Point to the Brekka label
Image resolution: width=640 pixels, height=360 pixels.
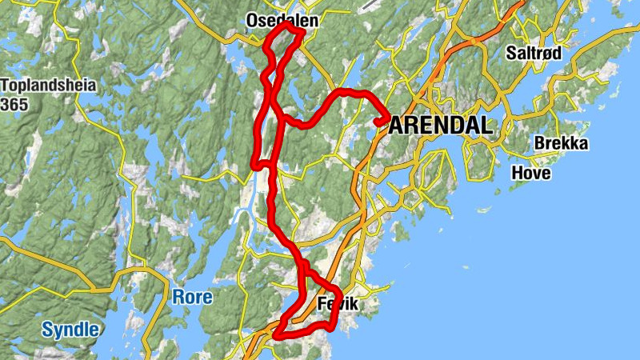[x=561, y=144]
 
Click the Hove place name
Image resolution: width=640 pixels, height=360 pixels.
[x=531, y=172]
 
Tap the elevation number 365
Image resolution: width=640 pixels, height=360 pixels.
[x=14, y=105]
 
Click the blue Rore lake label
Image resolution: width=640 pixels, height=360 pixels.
[x=193, y=298]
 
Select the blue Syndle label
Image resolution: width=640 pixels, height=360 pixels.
[x=70, y=329]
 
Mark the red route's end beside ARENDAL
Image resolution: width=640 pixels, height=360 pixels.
[x=376, y=122]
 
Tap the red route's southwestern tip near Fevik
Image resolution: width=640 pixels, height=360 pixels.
[x=276, y=334]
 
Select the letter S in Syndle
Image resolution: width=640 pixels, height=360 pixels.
[x=47, y=329]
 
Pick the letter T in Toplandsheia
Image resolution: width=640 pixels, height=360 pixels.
[x=6, y=86]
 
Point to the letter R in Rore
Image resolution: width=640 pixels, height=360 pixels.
[x=178, y=298]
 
